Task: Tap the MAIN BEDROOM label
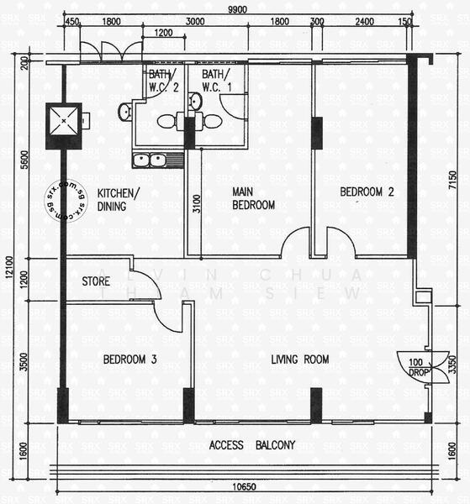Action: [253, 198]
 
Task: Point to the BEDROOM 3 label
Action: [129, 360]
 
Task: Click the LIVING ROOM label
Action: [299, 360]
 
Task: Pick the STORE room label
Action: [96, 281]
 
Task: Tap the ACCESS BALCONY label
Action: [252, 445]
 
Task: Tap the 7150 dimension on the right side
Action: [454, 179]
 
